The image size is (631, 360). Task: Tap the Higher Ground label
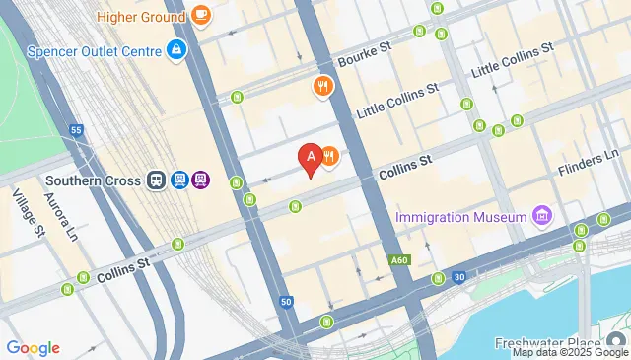141,16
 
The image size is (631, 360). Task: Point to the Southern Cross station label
94,180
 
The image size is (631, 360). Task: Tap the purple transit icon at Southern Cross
201,180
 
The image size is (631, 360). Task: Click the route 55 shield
76,129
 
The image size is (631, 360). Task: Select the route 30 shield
459,276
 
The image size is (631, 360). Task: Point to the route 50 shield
286,301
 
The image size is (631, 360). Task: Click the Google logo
33,347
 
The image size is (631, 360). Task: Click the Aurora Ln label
60,216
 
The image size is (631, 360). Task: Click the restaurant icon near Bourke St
321,87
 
